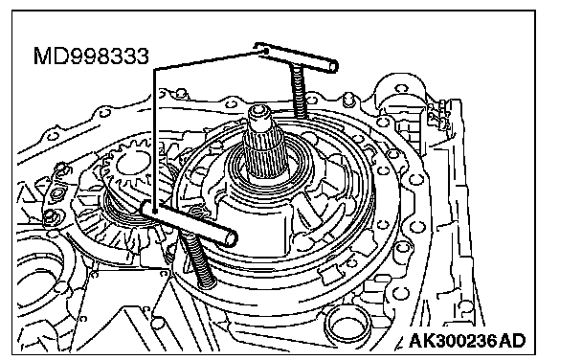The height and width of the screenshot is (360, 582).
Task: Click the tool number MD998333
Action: coord(91,56)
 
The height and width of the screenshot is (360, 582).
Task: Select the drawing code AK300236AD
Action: coord(467,340)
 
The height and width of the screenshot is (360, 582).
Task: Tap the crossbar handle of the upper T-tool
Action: coord(296,56)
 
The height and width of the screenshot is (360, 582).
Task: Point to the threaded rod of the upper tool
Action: coord(300,92)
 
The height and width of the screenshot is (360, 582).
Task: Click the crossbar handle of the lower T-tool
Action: coord(189,223)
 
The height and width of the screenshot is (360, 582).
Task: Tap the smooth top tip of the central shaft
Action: coord(261,114)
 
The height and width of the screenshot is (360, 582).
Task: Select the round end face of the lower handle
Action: coord(231,237)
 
